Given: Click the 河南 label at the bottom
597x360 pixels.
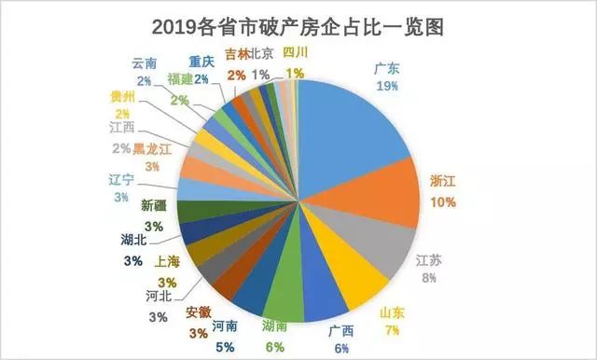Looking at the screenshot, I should coord(224,326).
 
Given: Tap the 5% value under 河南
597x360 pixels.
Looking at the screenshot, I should coord(224,347).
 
